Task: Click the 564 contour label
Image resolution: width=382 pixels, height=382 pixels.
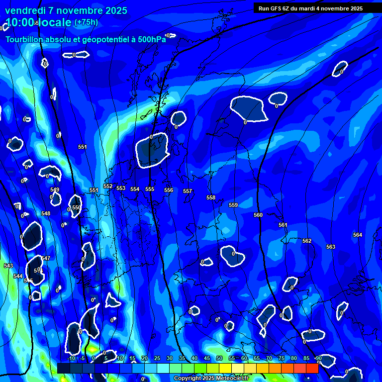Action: [x=358, y=235]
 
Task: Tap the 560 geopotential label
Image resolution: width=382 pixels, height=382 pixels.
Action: [x=258, y=215]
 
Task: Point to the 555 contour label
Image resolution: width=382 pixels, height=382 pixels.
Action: [x=150, y=190]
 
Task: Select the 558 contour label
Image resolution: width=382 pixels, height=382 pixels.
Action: [x=211, y=198]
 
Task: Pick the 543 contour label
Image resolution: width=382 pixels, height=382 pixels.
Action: [x=8, y=266]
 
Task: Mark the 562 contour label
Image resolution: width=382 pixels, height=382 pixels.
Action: [x=307, y=241]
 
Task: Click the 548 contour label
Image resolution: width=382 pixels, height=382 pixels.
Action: [x=46, y=213]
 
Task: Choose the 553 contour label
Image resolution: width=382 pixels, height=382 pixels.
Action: [x=121, y=188]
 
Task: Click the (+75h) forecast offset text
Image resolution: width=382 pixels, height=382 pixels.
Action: [x=86, y=22]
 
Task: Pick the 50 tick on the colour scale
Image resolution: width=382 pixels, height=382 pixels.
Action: [x=219, y=358]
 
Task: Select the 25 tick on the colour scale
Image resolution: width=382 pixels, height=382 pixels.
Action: [x=157, y=358]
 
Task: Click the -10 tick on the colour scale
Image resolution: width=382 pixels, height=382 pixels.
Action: [x=71, y=358]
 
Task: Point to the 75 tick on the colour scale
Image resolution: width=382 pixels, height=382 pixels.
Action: [x=281, y=358]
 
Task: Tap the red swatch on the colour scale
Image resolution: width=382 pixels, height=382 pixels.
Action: [x=312, y=368]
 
